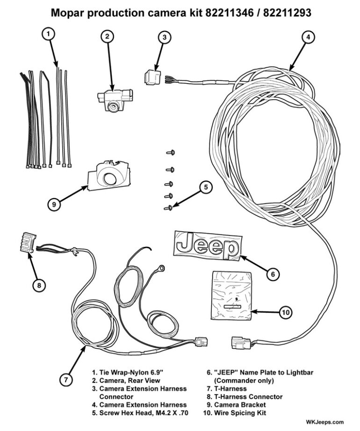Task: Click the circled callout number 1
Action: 50,34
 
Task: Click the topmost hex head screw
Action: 171,152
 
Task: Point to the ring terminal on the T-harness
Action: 162,268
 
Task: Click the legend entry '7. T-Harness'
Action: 227,388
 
